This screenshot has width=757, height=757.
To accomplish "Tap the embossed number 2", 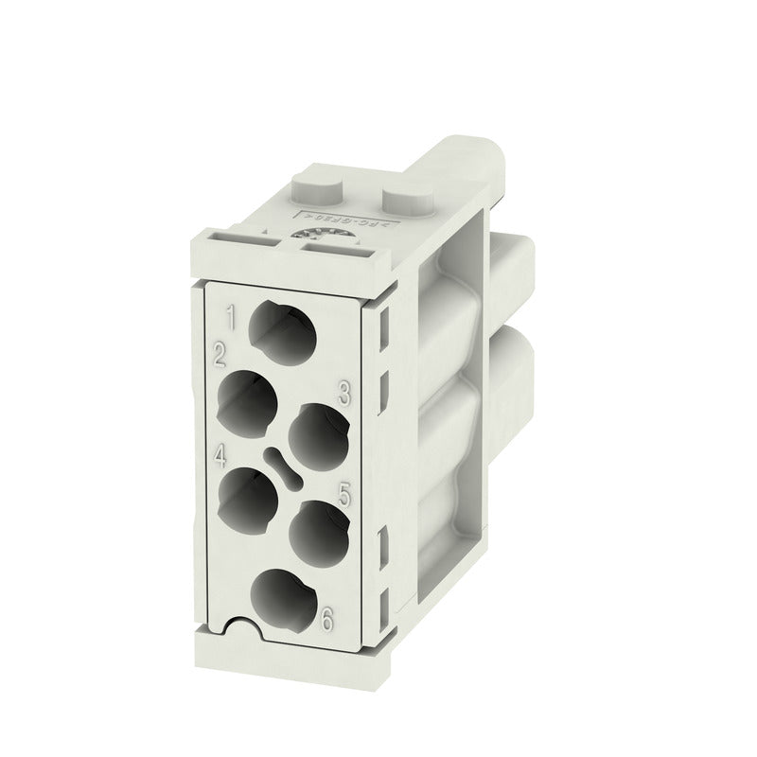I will point(220,357).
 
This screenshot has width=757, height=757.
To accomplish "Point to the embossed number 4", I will point(220,457).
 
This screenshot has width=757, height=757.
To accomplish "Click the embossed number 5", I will point(344,493).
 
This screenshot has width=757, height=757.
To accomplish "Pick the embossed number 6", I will point(327,620).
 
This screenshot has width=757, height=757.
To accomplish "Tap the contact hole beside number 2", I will point(248,398).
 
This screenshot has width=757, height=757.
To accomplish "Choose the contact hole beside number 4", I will point(248,498).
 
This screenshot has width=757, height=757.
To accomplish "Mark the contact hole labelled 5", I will point(315,531).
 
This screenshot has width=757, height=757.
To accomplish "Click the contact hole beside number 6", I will point(281,597).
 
